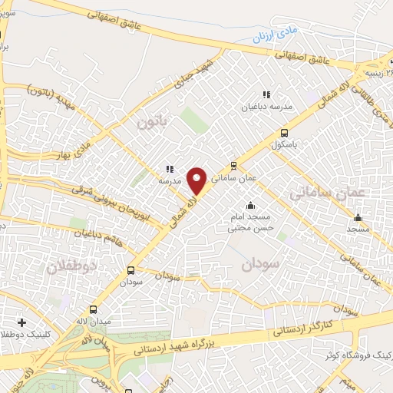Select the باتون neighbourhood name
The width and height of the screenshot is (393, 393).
pos(151,122)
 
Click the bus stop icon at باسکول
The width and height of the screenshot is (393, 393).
pos(285,132)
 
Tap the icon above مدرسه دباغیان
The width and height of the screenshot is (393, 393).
pos(266,94)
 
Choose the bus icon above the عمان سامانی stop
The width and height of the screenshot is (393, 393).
pos(233,165)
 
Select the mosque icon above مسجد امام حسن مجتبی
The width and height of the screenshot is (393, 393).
pos(249,205)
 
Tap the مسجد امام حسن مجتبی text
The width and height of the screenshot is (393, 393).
pos(250,223)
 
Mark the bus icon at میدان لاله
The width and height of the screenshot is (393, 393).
pos(93,310)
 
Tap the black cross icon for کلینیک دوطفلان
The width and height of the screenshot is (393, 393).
pos(21,322)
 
